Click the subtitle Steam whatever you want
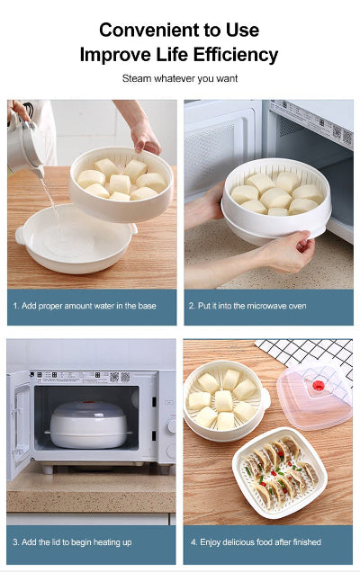tap(179, 78)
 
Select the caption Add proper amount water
tap(85, 306)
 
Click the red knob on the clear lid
tap(318, 386)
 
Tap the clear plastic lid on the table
tap(315, 397)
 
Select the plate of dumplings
tap(278, 471)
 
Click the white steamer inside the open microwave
tap(86, 423)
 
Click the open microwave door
tap(18, 423)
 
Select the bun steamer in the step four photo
tap(224, 399)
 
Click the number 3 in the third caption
tap(15, 543)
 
